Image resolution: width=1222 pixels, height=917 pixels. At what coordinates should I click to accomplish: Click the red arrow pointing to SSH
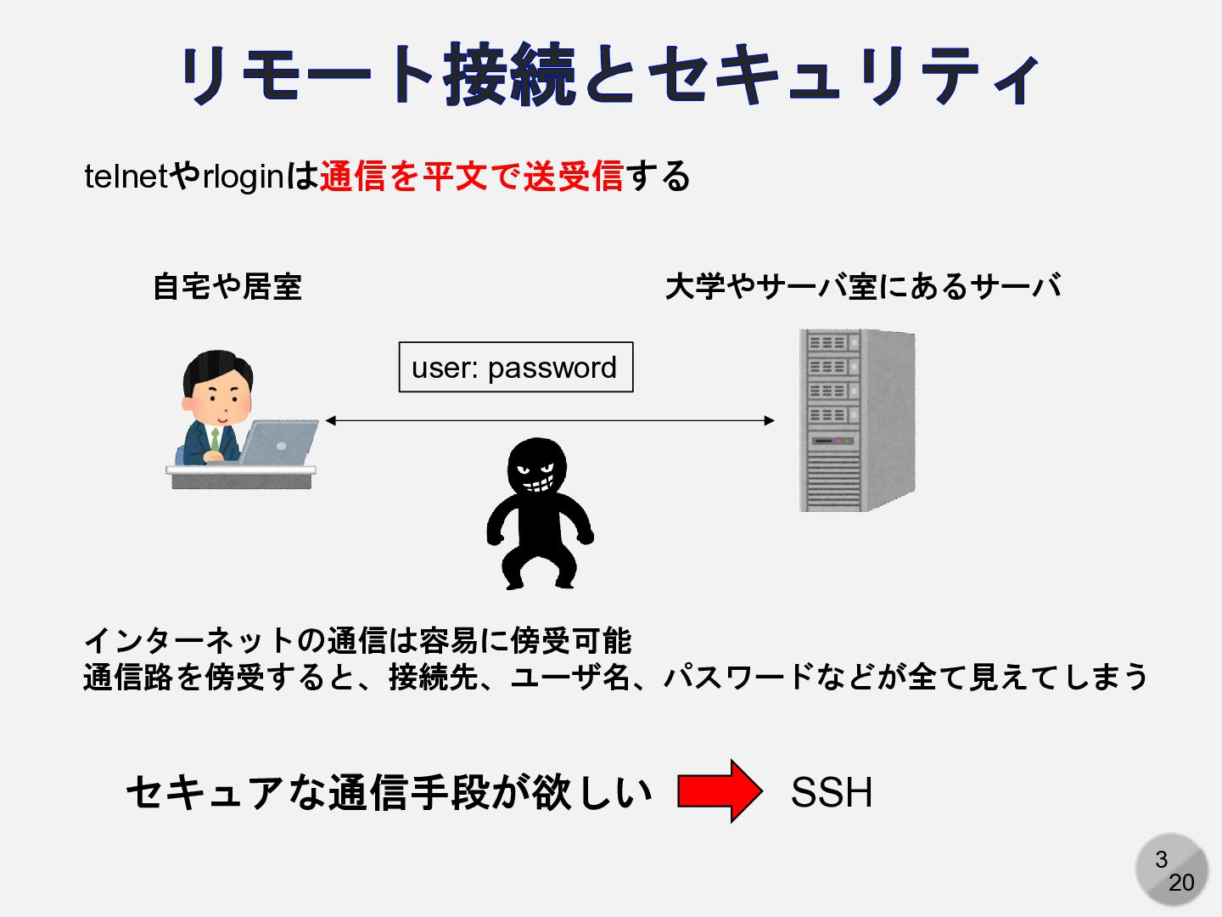click(x=720, y=791)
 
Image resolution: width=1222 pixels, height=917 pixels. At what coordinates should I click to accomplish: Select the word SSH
click(x=831, y=793)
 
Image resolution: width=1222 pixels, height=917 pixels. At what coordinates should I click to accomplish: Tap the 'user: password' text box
click(x=515, y=368)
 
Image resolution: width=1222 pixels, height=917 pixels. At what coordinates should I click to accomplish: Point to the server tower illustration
click(x=856, y=420)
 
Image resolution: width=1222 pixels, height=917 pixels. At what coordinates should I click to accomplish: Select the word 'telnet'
click(x=126, y=177)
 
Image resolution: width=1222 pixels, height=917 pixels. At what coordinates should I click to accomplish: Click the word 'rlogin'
click(x=243, y=177)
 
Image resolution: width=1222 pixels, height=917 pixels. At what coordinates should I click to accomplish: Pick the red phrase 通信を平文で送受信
click(x=471, y=177)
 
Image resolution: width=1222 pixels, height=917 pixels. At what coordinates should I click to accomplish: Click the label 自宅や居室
click(x=227, y=287)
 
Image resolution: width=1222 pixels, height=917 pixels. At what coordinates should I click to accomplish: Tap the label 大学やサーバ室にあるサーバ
click(x=862, y=287)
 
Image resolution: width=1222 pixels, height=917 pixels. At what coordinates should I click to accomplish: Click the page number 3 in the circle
click(x=1161, y=859)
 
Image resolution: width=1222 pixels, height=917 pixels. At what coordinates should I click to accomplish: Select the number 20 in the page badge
click(x=1180, y=883)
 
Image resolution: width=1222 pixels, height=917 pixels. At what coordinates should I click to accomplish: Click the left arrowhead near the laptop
click(x=331, y=420)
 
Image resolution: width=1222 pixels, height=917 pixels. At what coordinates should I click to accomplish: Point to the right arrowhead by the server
click(x=769, y=420)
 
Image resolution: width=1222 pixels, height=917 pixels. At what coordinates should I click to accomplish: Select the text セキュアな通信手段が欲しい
click(x=389, y=793)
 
